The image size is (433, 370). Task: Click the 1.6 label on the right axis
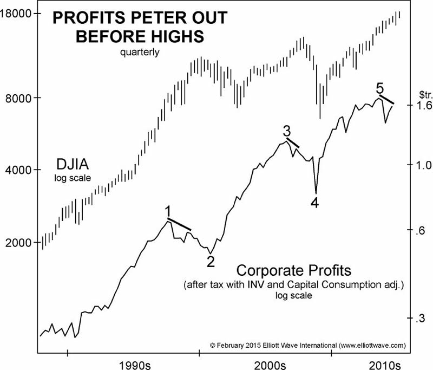pos(421,107)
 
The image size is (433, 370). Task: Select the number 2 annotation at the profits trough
pos(211,262)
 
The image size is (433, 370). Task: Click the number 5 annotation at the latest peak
pos(380,88)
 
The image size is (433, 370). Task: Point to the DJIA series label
pos(73,164)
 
